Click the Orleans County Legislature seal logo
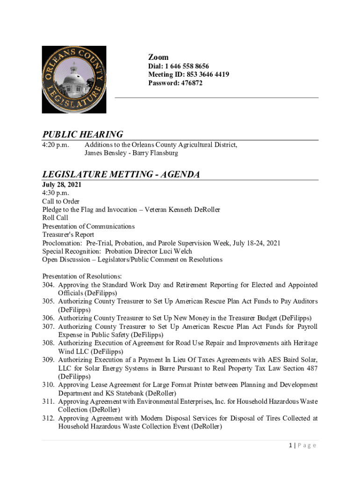74,80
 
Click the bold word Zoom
158,57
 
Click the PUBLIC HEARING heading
83,135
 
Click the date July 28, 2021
62,184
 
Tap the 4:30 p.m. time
56,192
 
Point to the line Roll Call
55,218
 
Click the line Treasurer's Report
68,234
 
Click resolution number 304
49,284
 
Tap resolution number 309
49,360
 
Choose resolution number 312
49,418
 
